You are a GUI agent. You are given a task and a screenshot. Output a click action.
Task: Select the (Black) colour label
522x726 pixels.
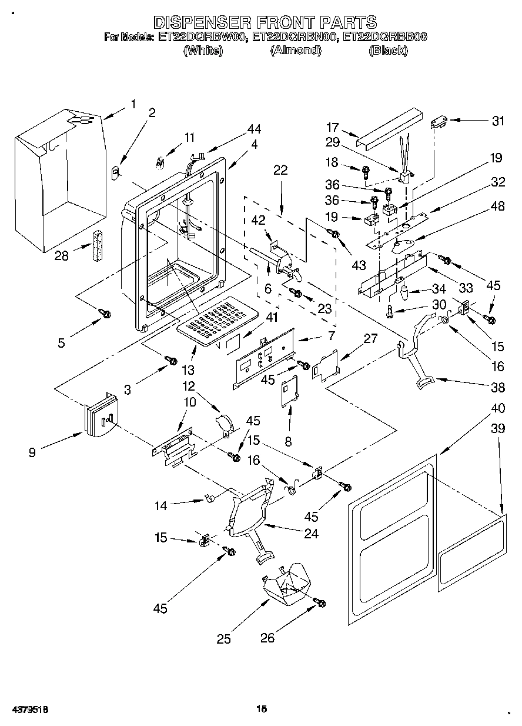[387, 51]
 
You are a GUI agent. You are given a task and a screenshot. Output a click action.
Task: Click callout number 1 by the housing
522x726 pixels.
[133, 104]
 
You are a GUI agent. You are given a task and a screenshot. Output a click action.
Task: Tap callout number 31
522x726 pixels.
[498, 121]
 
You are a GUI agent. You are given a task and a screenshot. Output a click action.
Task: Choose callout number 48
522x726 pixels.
[498, 206]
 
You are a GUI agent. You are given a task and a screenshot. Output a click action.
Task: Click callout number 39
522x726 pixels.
[498, 429]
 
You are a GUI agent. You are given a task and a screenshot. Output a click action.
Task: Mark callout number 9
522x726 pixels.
[32, 452]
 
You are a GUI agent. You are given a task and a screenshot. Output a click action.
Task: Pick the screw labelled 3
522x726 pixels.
[171, 359]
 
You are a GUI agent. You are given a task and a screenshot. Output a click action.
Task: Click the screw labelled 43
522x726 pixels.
[335, 235]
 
